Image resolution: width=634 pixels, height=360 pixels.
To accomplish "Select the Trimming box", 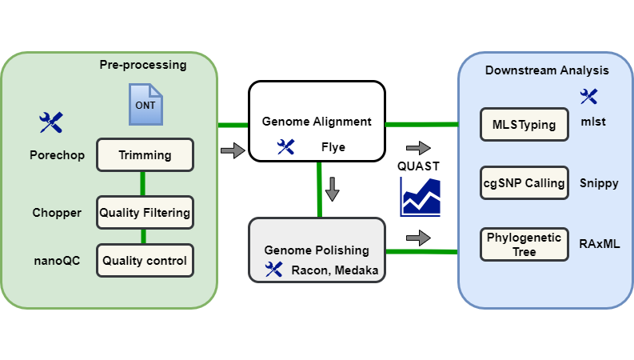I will [145, 154].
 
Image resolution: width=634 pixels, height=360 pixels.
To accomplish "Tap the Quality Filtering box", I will [145, 213].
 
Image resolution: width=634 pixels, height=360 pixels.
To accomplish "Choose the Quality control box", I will [145, 261].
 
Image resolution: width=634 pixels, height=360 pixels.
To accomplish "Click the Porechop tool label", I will [57, 154].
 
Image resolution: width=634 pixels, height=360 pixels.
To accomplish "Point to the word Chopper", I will [57, 213].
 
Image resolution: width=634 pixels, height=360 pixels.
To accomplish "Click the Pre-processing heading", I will [142, 64].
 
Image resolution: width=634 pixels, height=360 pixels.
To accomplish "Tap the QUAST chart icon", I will [421, 197].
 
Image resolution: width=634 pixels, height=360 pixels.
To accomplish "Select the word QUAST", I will [420, 166].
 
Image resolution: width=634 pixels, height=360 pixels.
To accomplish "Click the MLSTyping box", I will [524, 124].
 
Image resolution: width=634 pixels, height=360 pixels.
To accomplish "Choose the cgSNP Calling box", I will [524, 183].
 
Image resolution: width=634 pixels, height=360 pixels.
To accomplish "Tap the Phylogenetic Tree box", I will [524, 244].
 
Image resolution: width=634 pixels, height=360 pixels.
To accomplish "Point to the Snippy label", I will [599, 183].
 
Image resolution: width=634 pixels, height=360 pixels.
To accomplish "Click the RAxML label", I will [600, 243].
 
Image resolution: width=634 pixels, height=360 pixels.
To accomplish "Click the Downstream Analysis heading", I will [547, 70].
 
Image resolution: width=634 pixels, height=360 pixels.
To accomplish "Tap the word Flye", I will [333, 147].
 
